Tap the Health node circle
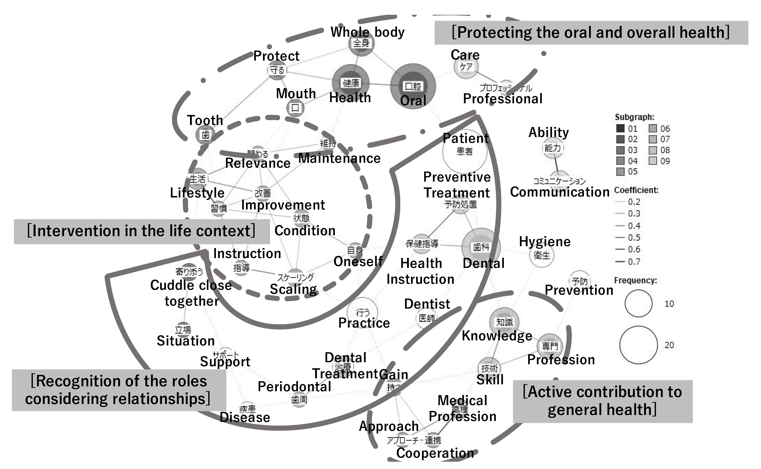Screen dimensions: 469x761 (351, 82)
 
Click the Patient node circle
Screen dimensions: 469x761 (465, 151)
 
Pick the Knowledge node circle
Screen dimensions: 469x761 (504, 322)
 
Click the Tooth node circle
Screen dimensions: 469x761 (205, 135)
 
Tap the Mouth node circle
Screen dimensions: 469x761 (295, 108)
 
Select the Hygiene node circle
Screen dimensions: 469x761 (542, 255)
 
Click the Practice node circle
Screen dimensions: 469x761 (362, 312)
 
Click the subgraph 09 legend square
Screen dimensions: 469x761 (653, 161)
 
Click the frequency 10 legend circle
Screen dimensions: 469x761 (639, 303)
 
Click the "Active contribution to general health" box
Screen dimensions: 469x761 (603, 401)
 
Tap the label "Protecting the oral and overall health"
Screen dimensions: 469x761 (591, 32)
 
